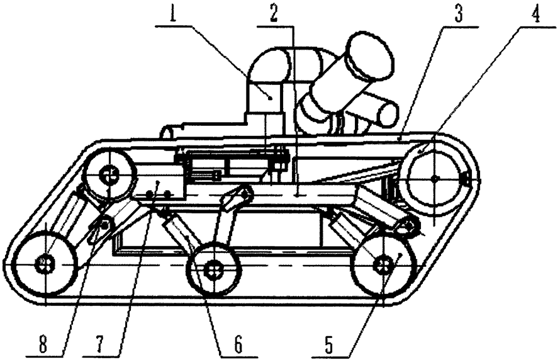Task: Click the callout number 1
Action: tap(173, 14)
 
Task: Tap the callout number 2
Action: tap(274, 14)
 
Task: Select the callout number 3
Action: tap(458, 14)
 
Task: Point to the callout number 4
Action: tap(535, 14)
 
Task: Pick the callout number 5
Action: tap(329, 344)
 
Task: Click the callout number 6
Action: tap(238, 344)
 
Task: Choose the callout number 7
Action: tap(99, 344)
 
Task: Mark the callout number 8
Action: tap(43, 344)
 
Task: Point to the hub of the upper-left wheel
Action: tap(109, 175)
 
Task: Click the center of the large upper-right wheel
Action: tap(434, 178)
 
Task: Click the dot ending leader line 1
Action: tap(271, 97)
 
